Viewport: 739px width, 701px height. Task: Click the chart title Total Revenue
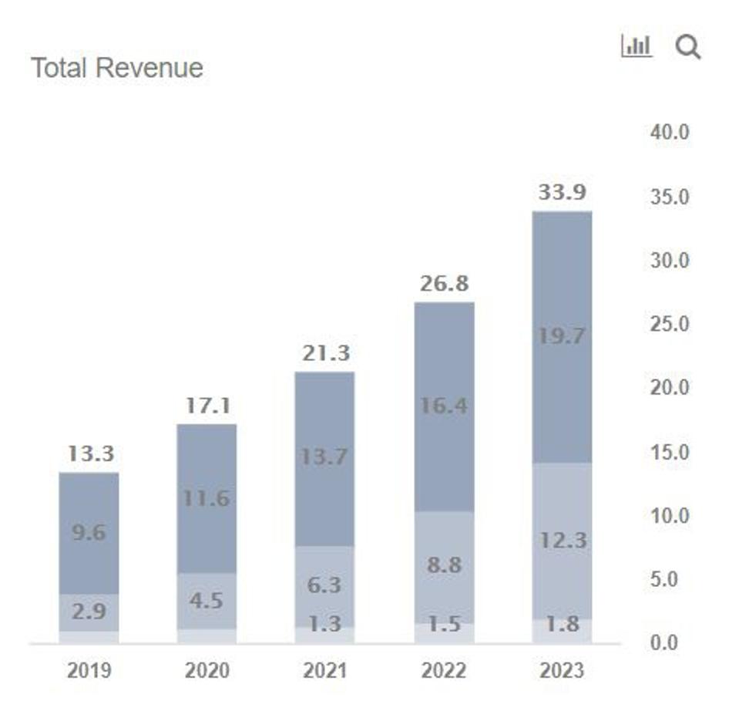coord(116,68)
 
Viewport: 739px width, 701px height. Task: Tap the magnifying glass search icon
coord(687,47)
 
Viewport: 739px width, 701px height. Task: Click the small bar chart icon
coord(637,46)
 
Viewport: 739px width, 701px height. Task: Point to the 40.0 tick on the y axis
coord(670,133)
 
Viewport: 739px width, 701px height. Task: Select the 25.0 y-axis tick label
coord(670,324)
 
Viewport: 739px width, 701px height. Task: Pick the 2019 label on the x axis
coord(89,670)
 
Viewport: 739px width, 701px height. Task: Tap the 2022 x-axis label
coord(444,670)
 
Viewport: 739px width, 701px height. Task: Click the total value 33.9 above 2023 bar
coord(562,193)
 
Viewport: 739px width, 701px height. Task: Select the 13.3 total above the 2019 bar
coord(90,453)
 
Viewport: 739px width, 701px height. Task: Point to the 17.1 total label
coord(207,405)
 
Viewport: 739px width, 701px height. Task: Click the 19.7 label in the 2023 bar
coord(562,336)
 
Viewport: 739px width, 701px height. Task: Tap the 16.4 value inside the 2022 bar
coord(444,406)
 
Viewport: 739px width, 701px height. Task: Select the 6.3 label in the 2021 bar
coord(324,585)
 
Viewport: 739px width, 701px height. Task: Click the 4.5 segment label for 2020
coord(207,600)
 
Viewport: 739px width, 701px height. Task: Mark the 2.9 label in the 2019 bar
coord(89,612)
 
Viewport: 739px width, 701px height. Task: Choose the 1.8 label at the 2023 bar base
coord(562,624)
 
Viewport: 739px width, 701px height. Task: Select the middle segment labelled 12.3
coord(562,541)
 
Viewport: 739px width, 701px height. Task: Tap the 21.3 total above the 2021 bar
coord(325,353)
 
